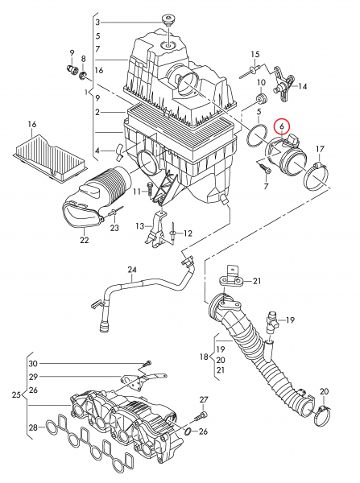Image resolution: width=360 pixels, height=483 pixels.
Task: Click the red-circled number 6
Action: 282,126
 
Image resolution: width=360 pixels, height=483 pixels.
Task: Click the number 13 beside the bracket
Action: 139,226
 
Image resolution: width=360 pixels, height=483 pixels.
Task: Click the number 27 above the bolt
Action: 204,399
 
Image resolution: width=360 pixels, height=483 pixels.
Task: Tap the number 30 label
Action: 32,362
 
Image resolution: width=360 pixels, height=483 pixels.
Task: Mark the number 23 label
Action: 114,228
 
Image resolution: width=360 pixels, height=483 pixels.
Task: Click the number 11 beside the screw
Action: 138,191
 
